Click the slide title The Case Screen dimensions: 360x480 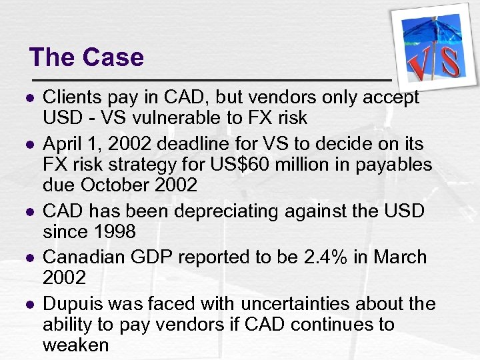pos(87,57)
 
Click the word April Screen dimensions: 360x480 pos(64,143)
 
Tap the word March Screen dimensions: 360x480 pos(398,257)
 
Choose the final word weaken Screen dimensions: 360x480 pos(75,345)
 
